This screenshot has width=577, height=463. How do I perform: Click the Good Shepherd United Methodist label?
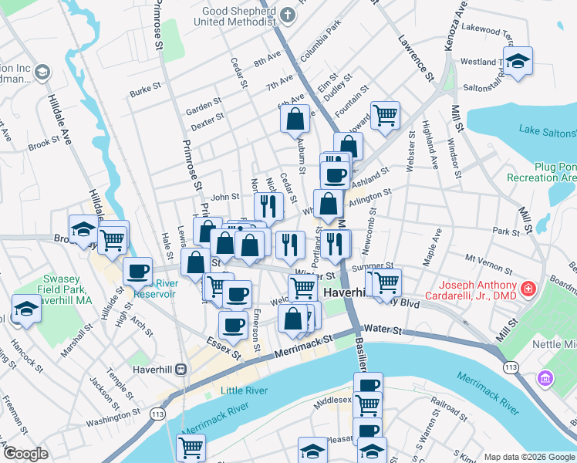coord(238,17)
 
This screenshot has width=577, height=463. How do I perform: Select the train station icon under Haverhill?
coord(181,370)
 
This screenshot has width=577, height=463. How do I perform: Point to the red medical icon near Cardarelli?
coord(528,290)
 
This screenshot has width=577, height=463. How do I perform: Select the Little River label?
coord(244,390)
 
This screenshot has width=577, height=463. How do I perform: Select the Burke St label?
coord(144,92)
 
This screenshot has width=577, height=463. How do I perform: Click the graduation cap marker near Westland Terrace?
coord(518,61)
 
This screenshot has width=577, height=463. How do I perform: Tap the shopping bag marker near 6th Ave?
coord(295,120)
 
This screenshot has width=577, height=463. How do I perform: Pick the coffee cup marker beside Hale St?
coord(138,272)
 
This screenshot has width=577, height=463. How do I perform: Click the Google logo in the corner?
coord(25,454)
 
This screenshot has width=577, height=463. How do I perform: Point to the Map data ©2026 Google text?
coord(529,457)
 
